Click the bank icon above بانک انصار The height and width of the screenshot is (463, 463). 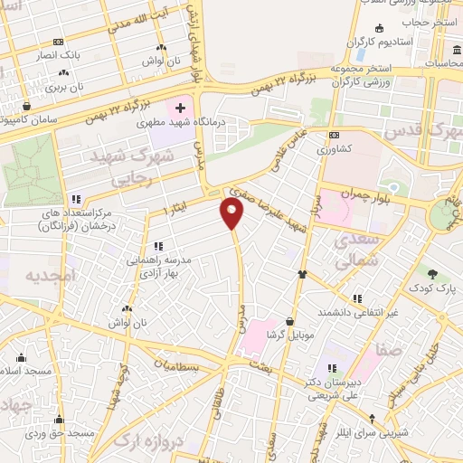pos(59,42)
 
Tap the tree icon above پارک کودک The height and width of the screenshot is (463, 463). pos(433,273)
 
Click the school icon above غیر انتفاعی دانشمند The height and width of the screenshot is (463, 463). pos(357,298)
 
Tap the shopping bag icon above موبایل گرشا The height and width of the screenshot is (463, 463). pos(289,321)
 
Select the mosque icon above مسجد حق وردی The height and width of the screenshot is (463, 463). pos(60,419)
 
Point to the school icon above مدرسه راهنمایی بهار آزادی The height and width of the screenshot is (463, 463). pos(158,245)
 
